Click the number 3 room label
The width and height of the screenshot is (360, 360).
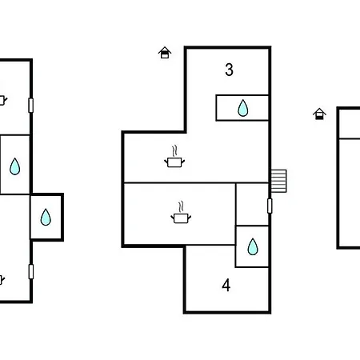click(x=229, y=70)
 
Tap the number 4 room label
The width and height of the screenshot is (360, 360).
click(x=226, y=286)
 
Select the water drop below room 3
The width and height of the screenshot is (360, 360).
click(x=242, y=108)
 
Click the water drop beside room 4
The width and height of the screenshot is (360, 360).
click(x=253, y=246)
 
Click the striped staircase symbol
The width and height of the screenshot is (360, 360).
click(x=278, y=181)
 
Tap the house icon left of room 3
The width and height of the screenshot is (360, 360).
click(x=165, y=53)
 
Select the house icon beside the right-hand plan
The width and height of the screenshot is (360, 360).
click(x=319, y=114)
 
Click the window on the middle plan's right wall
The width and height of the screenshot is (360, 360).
click(x=270, y=206)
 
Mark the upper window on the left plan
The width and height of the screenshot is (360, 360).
click(x=31, y=106)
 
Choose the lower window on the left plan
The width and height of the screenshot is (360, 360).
click(x=31, y=271)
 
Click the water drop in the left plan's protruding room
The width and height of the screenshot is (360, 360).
click(x=46, y=217)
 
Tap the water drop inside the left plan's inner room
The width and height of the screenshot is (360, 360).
click(x=14, y=166)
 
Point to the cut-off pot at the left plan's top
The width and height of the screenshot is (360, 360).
click(x=3, y=100)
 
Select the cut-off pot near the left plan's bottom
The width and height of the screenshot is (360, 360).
click(x=2, y=280)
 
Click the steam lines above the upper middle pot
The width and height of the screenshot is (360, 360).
click(x=174, y=151)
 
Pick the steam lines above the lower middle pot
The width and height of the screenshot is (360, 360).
click(x=181, y=207)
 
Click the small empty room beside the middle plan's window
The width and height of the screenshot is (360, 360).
click(x=252, y=204)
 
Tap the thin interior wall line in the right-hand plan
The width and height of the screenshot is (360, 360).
click(x=350, y=138)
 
